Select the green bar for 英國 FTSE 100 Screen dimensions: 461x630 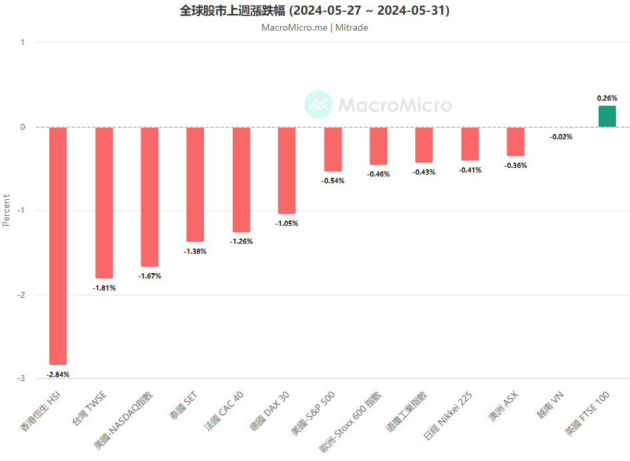607,117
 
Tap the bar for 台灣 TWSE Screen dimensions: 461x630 104,203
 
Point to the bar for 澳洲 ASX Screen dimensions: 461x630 515,141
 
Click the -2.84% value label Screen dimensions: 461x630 58,374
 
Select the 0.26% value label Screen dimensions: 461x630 607,98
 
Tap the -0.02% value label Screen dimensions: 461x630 561,137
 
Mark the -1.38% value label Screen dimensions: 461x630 195,251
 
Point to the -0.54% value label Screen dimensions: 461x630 333,181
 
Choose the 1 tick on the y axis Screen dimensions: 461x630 22,43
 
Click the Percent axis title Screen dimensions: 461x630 7,211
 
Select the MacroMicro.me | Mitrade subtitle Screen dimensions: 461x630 315,28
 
